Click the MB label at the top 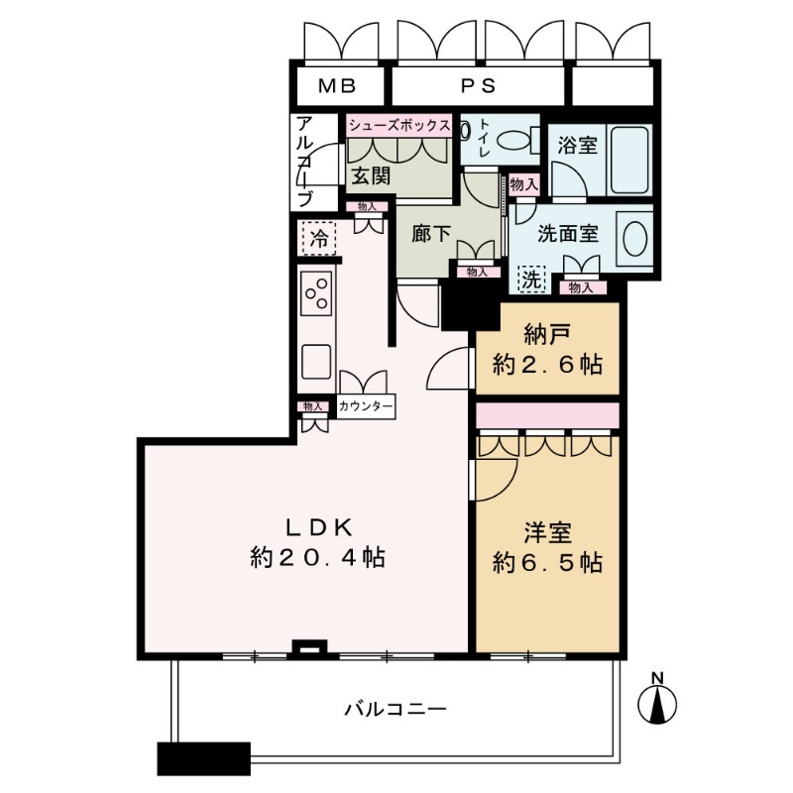pos(337,86)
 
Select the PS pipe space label pos(478,86)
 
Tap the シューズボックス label pos(399,126)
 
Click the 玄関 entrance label pos(371,175)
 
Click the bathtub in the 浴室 pos(629,160)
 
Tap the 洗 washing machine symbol pos(532,280)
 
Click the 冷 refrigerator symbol pos(319,238)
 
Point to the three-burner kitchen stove pos(316,292)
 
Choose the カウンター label pos(366,406)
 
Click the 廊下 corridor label pos(431,234)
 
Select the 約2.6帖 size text pos(548,364)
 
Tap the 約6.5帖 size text pos(548,562)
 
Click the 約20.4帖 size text pos(317,557)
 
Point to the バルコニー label pos(396,709)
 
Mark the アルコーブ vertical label pos(304,162)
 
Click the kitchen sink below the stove pos(316,362)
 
